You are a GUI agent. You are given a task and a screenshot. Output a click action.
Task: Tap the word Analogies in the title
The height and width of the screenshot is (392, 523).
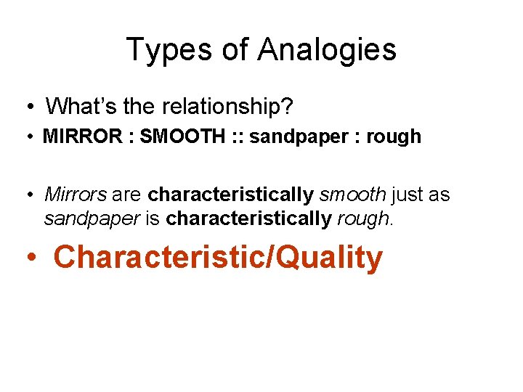327,50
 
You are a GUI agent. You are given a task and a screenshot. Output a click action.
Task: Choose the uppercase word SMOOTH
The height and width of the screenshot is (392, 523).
174,136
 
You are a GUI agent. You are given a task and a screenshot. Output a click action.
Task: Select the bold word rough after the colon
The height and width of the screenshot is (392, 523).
394,136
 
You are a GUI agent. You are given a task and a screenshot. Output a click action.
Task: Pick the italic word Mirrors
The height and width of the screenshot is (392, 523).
75,195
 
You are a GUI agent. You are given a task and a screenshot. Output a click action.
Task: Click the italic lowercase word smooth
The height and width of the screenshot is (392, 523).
353,195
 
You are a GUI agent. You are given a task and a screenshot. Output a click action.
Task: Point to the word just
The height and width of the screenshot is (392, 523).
406,195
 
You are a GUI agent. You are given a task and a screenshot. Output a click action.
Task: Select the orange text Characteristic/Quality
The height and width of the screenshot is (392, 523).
218,258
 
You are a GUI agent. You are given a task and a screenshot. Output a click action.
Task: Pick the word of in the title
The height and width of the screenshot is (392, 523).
236,50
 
